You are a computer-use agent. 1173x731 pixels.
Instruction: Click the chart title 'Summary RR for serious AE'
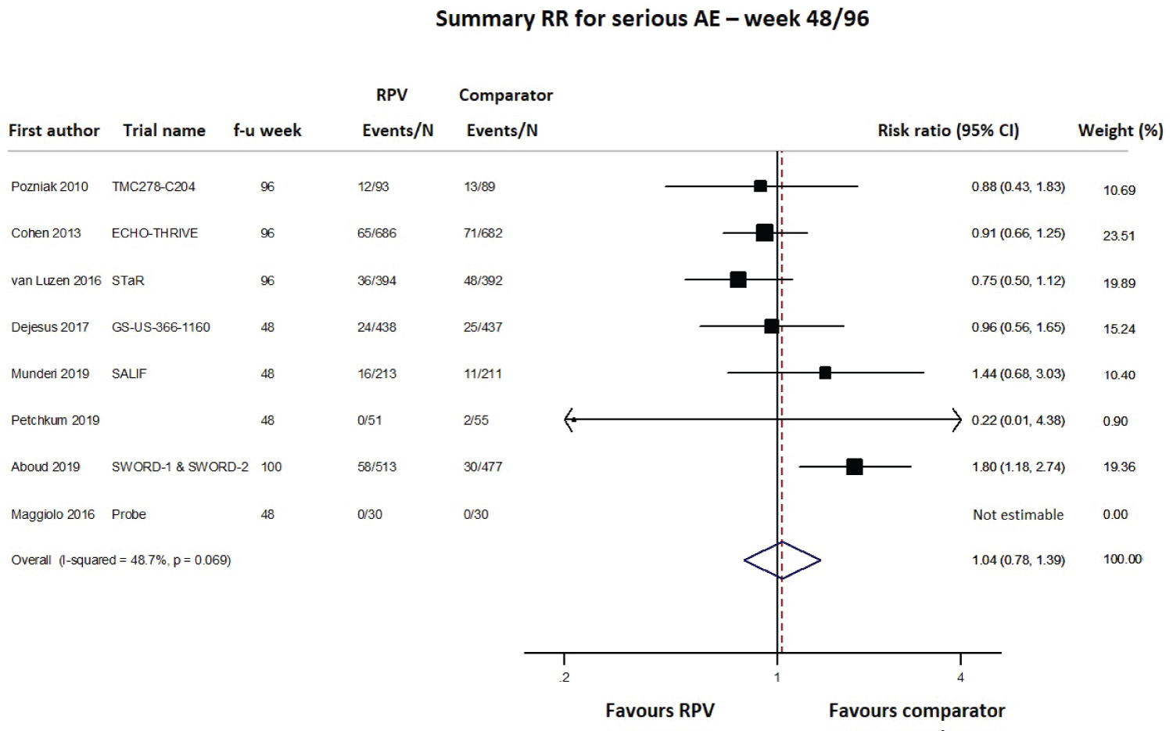click(x=651, y=19)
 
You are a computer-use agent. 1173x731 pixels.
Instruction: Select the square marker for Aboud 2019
click(x=854, y=467)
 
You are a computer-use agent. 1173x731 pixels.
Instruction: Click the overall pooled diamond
click(x=782, y=560)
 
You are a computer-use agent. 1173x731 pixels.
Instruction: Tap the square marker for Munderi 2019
click(x=825, y=373)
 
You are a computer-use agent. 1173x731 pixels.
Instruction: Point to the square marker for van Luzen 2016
click(x=737, y=280)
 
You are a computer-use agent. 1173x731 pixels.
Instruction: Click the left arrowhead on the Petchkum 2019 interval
click(x=569, y=420)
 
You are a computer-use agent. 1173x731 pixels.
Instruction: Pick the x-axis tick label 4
click(x=961, y=678)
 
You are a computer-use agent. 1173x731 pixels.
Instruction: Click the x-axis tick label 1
click(x=777, y=678)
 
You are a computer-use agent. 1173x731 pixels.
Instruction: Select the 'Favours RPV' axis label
click(x=659, y=711)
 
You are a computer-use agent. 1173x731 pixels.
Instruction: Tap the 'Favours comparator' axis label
click(x=917, y=711)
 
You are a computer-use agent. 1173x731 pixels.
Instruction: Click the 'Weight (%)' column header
click(x=1120, y=131)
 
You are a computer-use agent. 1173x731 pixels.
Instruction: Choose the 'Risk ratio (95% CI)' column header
click(x=948, y=131)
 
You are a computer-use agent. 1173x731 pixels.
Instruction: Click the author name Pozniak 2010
click(x=49, y=187)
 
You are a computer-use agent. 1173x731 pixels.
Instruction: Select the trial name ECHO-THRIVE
click(x=155, y=233)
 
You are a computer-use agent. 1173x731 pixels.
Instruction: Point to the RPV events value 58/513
click(x=377, y=467)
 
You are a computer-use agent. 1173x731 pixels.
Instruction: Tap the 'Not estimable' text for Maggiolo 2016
click(x=1018, y=515)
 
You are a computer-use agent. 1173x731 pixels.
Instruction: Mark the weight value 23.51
click(x=1118, y=236)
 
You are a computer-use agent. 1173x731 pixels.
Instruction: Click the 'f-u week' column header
click(x=267, y=131)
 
